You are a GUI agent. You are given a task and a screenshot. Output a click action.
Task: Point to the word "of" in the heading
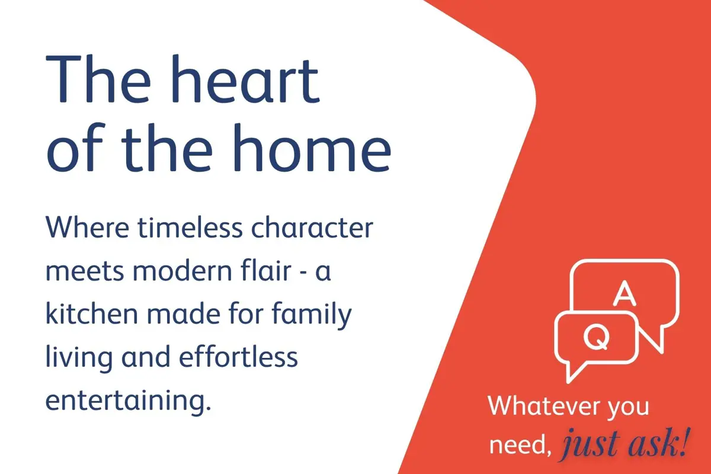76,148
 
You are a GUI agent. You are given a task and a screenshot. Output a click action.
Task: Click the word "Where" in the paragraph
87,228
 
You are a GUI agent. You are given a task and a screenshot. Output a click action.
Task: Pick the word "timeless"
190,228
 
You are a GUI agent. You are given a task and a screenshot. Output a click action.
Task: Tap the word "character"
312,228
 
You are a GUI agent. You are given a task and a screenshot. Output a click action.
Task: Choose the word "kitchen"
92,313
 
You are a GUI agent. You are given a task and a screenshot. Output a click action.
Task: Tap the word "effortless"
238,357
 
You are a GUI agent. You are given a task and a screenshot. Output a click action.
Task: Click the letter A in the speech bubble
624,293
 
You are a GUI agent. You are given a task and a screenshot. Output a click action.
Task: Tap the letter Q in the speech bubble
597,337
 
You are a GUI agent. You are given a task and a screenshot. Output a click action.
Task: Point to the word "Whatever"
544,405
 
